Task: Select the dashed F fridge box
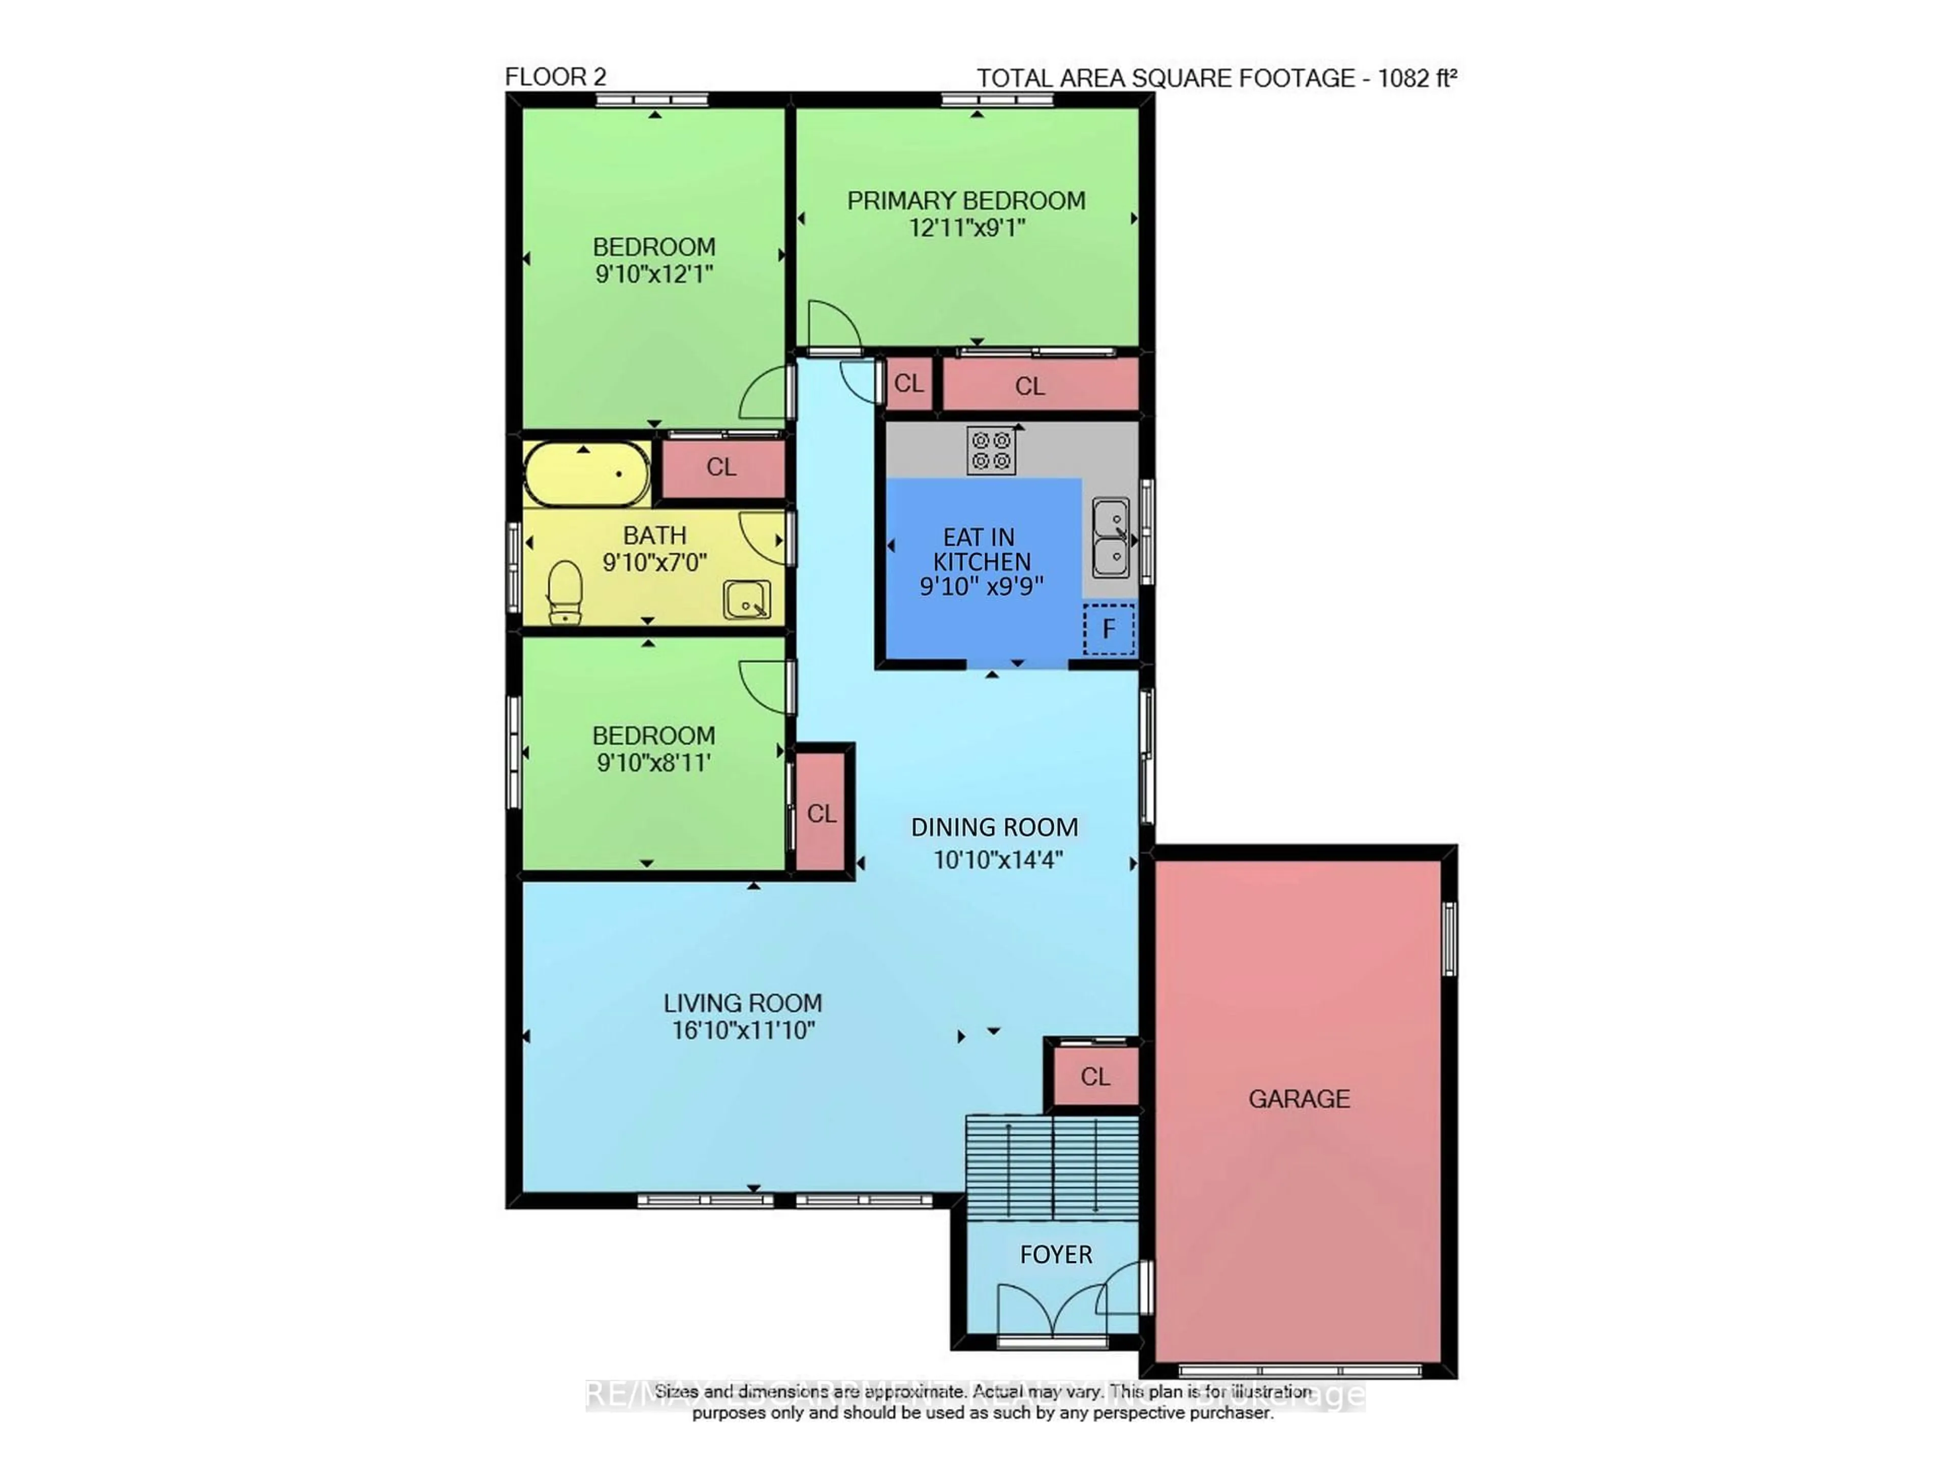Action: tap(1109, 629)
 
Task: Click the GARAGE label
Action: tap(1298, 1099)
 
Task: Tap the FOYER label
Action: tap(1056, 1255)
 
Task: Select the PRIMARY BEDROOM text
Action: tap(966, 201)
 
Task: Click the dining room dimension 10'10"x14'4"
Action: tap(997, 859)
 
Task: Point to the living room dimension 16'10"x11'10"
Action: tap(743, 1030)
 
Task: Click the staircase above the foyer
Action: tap(1051, 1167)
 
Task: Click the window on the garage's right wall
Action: tap(1448, 938)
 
